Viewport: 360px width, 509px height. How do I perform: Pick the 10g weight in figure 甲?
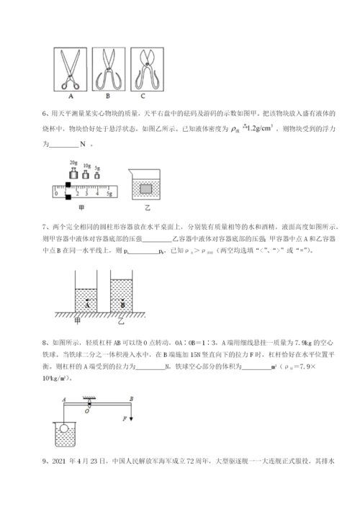tap(87, 176)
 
